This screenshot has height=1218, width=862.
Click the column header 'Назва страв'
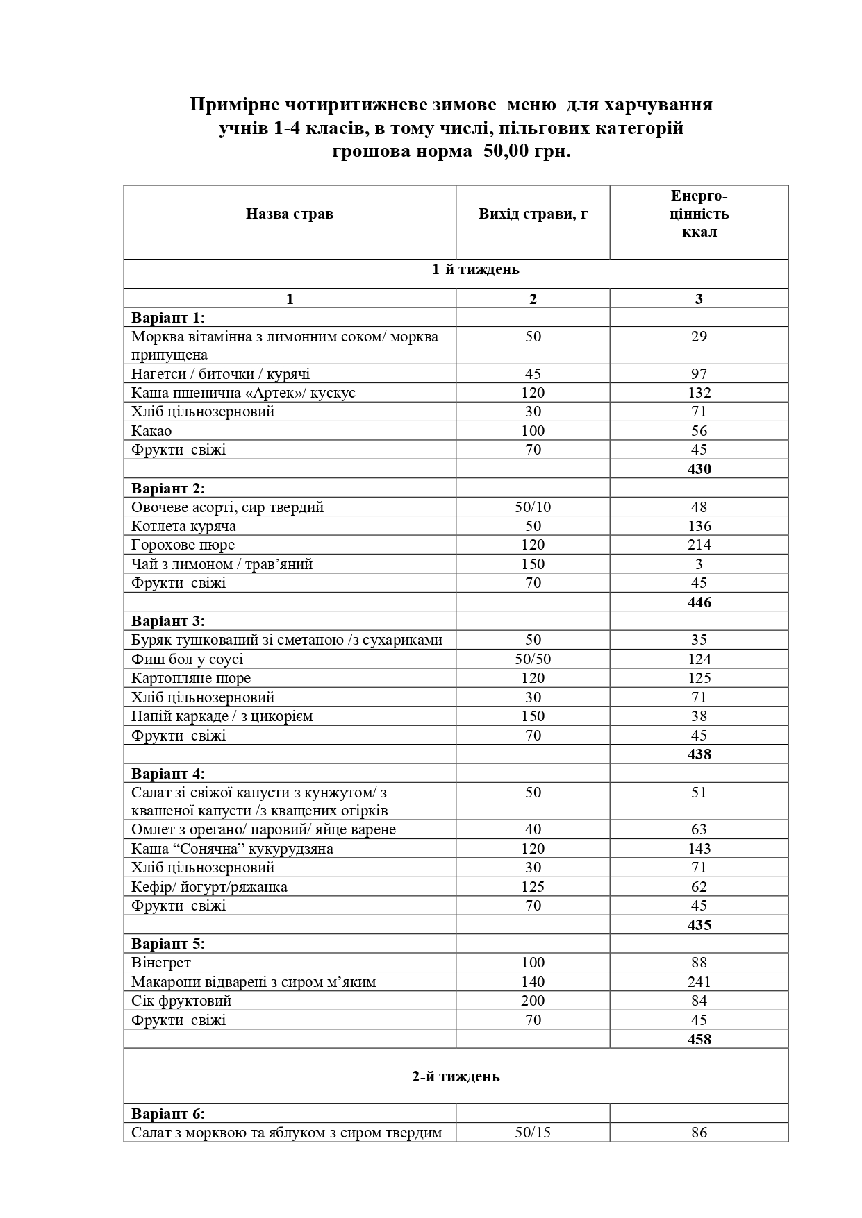point(289,214)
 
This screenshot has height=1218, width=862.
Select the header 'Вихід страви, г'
point(533,214)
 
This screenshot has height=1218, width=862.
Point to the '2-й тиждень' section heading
point(456,1076)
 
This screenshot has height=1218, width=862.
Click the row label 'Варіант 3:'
point(168,621)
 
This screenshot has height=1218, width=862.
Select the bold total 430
point(699,469)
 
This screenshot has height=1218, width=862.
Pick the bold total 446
point(699,602)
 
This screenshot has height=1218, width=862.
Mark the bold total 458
point(699,1039)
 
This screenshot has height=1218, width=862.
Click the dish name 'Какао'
point(151,431)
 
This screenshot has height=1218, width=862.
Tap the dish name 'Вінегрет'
point(161,963)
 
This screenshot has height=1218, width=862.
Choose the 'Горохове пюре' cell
point(183,545)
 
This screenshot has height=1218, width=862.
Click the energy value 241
point(699,982)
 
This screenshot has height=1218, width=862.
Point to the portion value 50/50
point(533,659)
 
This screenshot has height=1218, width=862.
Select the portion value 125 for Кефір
point(533,887)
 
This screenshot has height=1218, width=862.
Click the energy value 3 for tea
point(699,564)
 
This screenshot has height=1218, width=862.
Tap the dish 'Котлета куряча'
point(183,526)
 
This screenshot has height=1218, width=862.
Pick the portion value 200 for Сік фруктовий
point(533,1001)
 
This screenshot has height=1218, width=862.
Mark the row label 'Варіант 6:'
point(168,1114)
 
